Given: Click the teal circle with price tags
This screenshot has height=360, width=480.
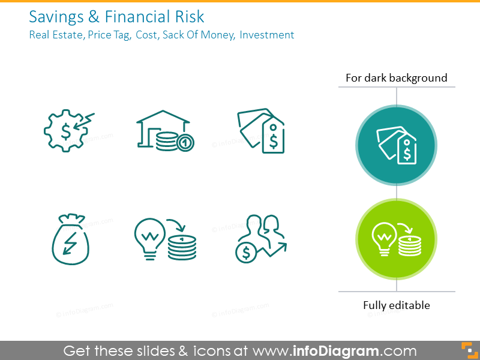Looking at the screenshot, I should tap(397, 145).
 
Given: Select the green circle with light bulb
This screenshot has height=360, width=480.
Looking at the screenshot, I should tap(397, 239).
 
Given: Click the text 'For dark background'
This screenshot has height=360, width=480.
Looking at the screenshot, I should tap(397, 78).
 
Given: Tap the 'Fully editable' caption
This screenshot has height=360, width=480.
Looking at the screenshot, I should tap(397, 305).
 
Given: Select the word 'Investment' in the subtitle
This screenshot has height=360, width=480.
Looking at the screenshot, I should tap(267, 35).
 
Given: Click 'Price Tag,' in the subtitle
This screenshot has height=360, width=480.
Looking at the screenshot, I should tap(109, 35).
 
